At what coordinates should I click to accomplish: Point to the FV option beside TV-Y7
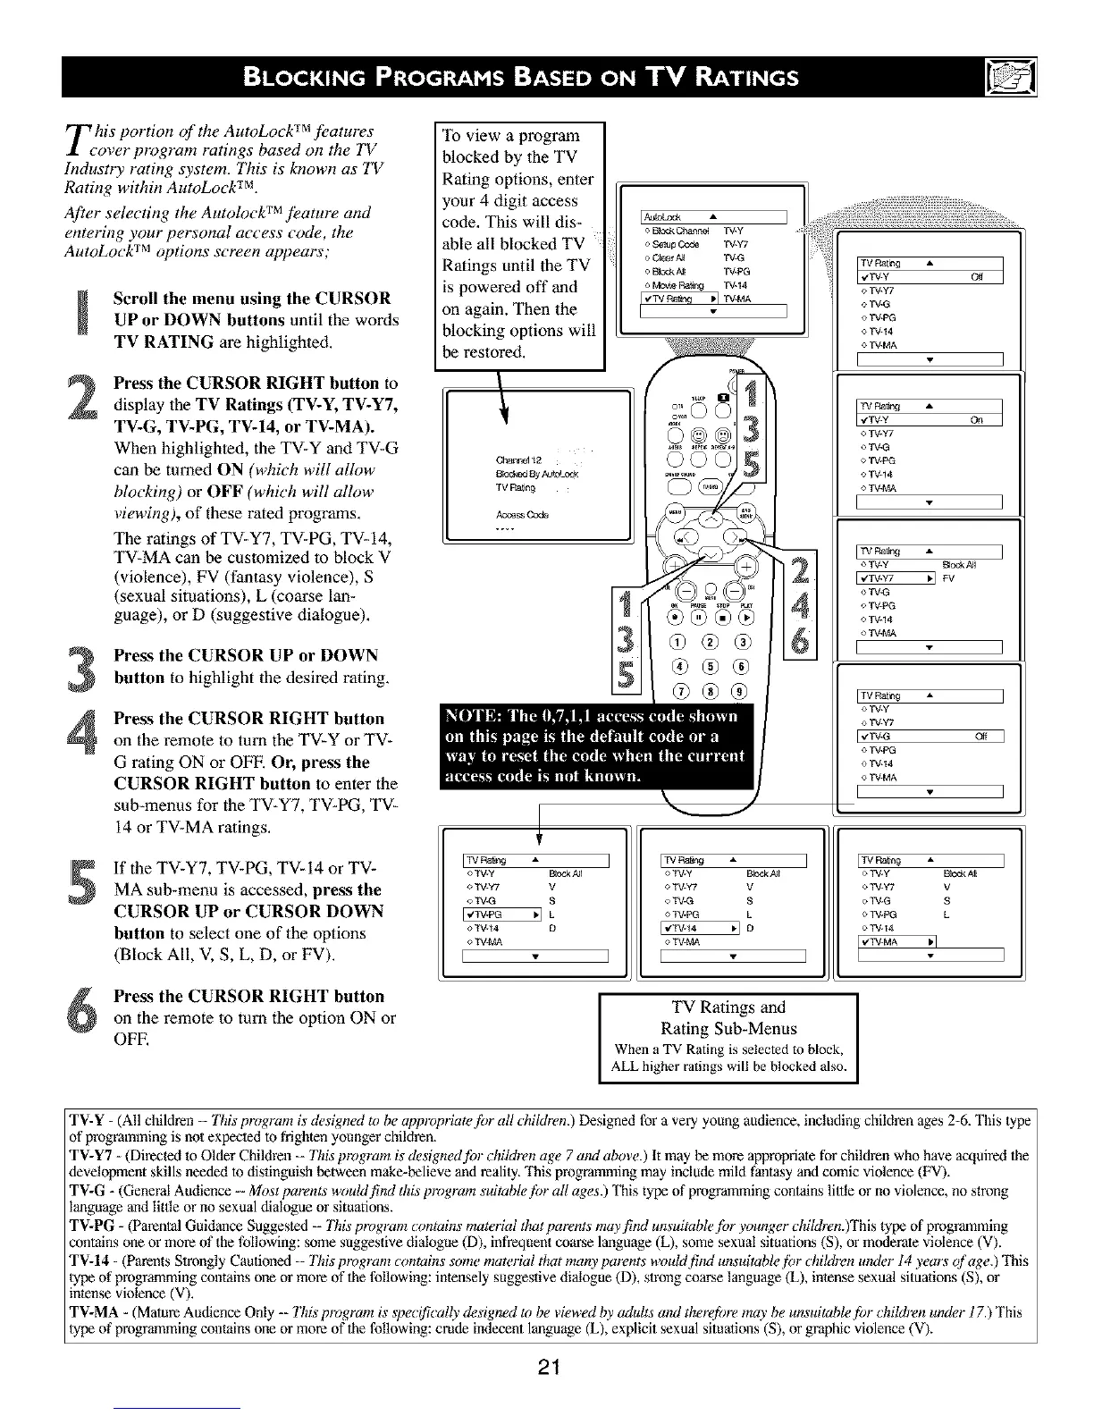pyautogui.click(x=948, y=578)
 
